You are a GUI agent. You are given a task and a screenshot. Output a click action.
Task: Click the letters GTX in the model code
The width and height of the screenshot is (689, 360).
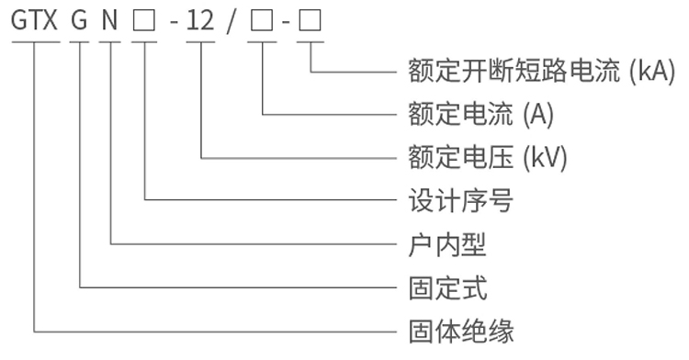tap(34, 20)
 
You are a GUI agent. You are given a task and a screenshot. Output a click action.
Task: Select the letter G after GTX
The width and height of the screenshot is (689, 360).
tap(80, 20)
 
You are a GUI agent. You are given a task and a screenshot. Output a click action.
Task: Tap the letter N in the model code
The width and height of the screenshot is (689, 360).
tap(110, 20)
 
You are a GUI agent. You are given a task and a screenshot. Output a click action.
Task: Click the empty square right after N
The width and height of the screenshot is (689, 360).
tap(144, 20)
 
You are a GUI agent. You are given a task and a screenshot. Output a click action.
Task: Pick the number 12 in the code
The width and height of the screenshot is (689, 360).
tap(200, 20)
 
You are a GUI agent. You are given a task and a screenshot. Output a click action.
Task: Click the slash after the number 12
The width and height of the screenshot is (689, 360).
tap(232, 20)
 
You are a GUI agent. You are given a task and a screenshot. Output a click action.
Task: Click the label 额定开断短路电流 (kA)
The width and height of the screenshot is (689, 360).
tap(540, 72)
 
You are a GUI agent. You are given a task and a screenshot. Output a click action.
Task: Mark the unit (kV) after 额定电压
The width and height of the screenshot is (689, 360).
tap(546, 157)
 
